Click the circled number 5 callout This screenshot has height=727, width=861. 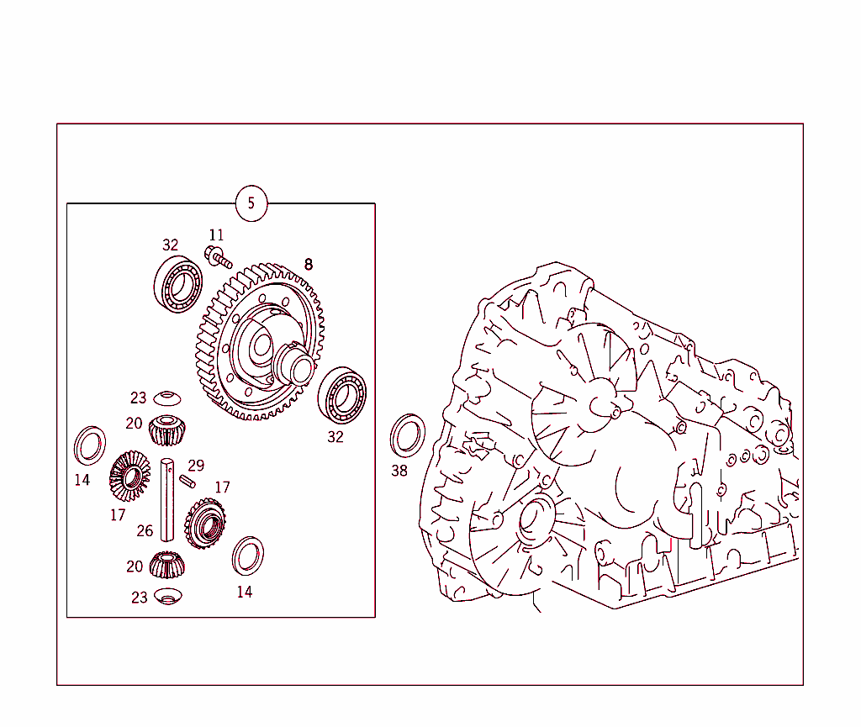click(251, 203)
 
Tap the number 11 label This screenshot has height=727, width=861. click(217, 235)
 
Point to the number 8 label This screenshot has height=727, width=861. click(308, 264)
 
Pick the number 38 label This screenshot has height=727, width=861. click(399, 471)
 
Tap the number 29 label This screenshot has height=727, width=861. click(196, 466)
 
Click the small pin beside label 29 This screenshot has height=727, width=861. click(188, 481)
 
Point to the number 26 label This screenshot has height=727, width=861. click(145, 531)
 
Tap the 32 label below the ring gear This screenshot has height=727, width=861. click(335, 437)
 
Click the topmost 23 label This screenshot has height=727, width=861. click(138, 398)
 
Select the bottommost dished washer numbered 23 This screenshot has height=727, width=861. click(168, 597)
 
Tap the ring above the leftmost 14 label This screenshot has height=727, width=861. click(88, 445)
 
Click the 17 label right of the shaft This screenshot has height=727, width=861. click(222, 487)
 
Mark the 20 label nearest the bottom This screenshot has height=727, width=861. click(135, 566)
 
